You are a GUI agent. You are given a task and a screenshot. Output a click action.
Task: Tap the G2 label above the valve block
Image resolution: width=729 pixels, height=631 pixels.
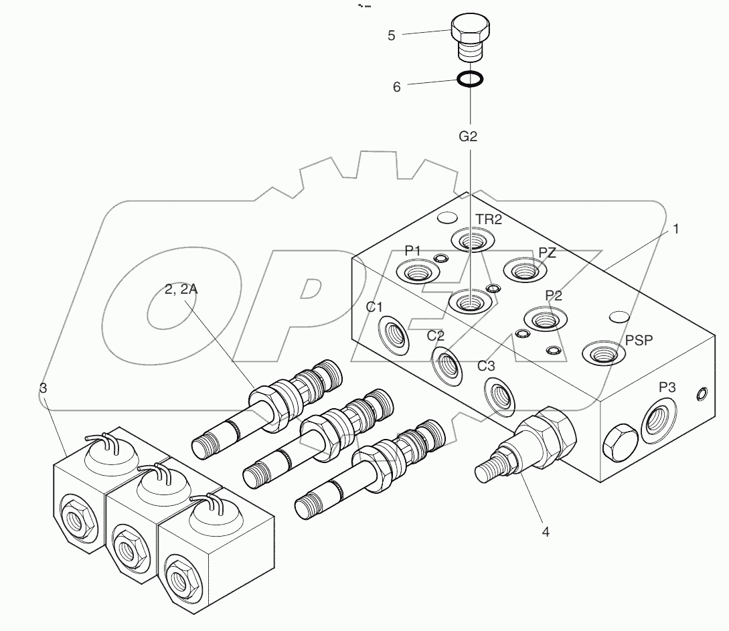point(468,137)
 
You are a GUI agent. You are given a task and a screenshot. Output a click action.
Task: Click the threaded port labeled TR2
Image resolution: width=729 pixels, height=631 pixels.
point(471,240)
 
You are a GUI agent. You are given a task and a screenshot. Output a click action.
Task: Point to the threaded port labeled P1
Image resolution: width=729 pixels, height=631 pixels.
point(416,272)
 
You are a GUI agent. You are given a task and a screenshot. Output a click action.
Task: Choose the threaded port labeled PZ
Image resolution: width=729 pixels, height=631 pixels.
point(525,270)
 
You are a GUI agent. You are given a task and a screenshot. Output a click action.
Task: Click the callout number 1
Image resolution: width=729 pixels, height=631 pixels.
point(676,229)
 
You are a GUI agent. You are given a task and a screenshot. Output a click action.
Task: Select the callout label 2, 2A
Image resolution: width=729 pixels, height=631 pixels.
point(182,289)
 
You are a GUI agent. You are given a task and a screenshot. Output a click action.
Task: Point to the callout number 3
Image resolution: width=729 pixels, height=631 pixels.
point(43,388)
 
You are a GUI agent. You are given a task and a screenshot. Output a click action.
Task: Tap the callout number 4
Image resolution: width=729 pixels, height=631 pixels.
point(546,532)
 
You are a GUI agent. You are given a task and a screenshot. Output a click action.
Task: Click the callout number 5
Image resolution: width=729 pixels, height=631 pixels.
point(391,35)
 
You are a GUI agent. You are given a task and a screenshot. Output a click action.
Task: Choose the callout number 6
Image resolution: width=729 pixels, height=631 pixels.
point(396,87)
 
